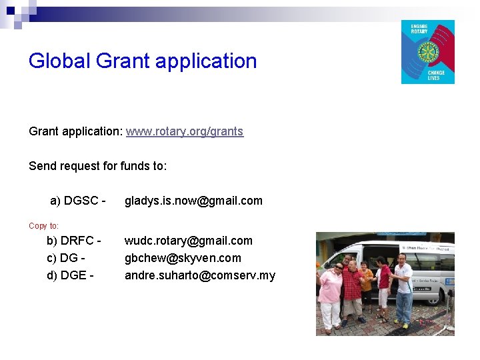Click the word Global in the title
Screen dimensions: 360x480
59,61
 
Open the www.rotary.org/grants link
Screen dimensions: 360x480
185,131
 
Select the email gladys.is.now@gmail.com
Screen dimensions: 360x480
193,201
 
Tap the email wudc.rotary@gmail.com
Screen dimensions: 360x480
189,241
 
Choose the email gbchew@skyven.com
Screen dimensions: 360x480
183,258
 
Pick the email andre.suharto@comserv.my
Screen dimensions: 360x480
200,275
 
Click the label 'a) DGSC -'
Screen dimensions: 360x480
78,201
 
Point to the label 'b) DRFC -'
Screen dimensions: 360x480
73,241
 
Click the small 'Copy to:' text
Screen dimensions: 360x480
44,226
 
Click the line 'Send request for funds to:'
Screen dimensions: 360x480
98,166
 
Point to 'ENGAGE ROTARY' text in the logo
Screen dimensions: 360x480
419,29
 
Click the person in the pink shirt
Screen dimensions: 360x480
330,293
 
